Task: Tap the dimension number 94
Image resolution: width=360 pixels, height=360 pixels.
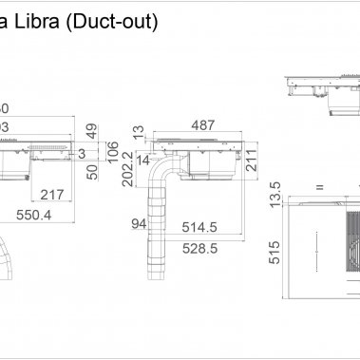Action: (138, 224)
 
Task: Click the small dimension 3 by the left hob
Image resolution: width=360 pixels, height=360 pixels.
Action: (83, 153)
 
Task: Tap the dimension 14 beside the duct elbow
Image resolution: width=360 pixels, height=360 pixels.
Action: (142, 161)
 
